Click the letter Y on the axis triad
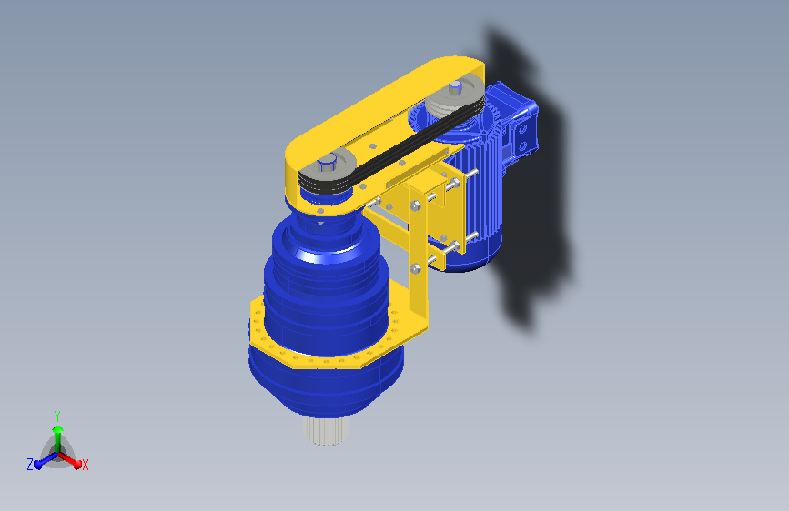pyautogui.click(x=57, y=416)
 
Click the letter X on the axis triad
pyautogui.click(x=85, y=465)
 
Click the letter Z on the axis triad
pyautogui.click(x=30, y=465)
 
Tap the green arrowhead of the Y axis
pyautogui.click(x=58, y=430)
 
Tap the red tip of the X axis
pyautogui.click(x=77, y=465)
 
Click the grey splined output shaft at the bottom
pyautogui.click(x=326, y=432)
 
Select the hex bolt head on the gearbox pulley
pyautogui.click(x=327, y=163)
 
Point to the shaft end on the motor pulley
pyautogui.click(x=455, y=88)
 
